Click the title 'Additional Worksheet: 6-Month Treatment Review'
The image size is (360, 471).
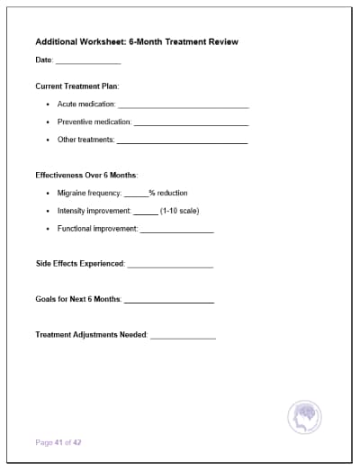[137, 41]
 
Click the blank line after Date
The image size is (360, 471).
[88, 63]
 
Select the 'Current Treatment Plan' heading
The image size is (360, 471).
[76, 86]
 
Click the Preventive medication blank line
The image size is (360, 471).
[191, 123]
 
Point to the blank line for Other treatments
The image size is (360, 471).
[182, 141]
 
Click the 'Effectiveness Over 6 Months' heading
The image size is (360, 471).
[86, 175]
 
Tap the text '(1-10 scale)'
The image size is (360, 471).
[179, 212]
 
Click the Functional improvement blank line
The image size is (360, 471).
[176, 231]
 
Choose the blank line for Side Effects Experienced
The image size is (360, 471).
[170, 266]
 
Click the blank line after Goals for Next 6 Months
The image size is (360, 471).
[168, 301]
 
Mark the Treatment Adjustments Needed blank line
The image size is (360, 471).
[183, 336]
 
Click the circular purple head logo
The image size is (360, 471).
[304, 417]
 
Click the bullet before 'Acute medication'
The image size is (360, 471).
[47, 105]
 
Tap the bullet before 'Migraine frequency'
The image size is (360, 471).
[47, 194]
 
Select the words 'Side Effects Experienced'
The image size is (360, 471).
[80, 264]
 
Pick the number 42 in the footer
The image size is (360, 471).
[78, 442]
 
